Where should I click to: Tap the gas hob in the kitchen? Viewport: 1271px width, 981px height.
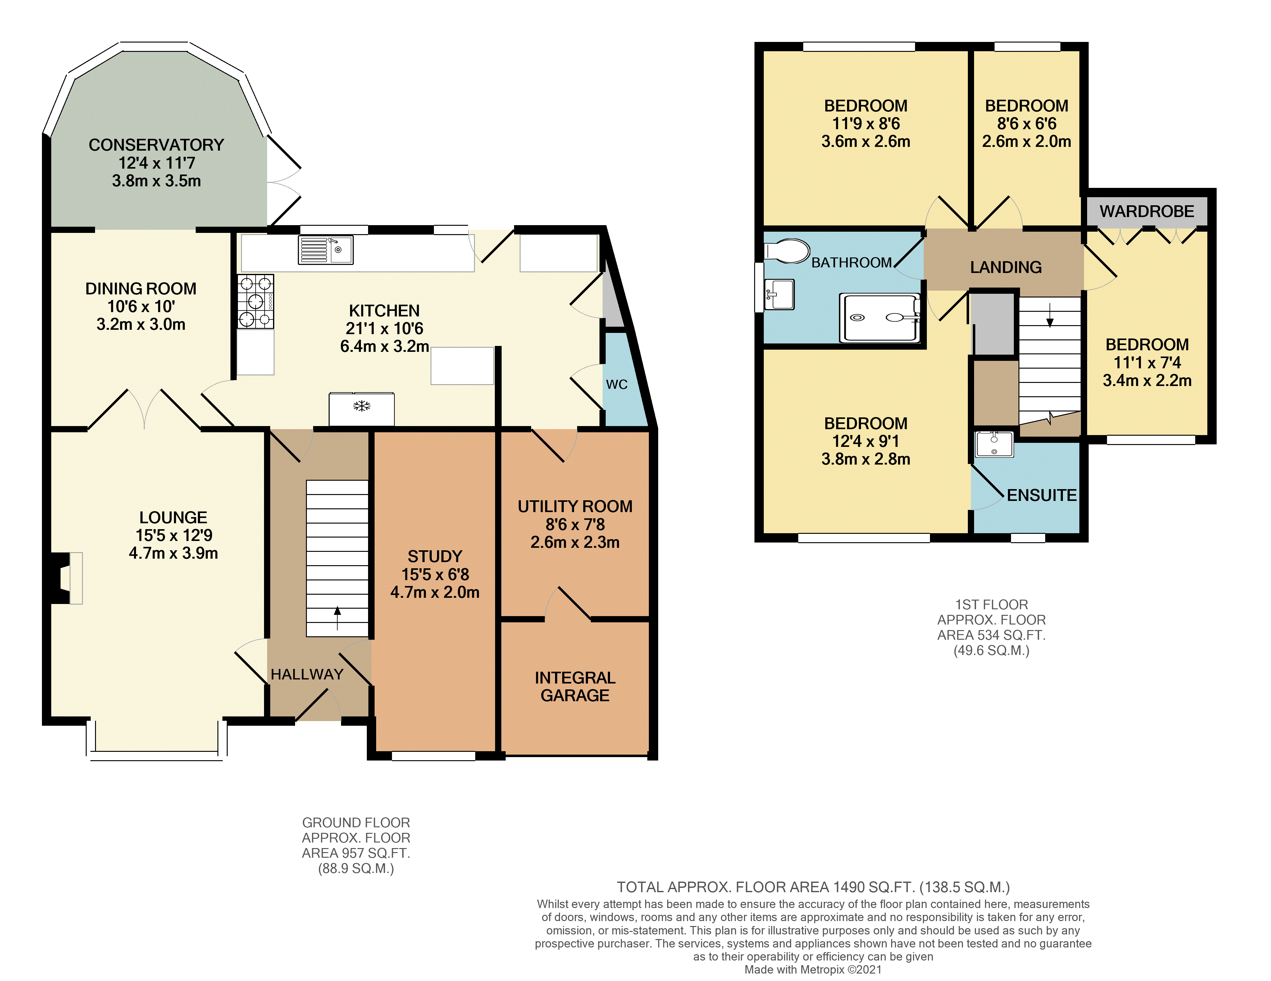coord(256,302)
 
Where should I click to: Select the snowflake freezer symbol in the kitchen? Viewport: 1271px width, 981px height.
coord(362,406)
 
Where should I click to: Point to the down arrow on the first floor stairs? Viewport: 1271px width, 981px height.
coord(1050,315)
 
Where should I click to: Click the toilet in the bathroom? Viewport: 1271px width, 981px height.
coord(786,251)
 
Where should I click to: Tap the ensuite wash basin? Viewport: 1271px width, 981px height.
coord(994,444)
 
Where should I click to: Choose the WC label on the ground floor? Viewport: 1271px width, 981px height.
coord(617,384)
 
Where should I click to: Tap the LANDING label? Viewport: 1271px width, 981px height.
coord(1006,267)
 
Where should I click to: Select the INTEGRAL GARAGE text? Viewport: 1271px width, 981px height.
coord(575,687)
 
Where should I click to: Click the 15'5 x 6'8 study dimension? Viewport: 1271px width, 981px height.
coord(435,574)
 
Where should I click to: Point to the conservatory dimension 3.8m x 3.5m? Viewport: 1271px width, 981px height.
coord(157,181)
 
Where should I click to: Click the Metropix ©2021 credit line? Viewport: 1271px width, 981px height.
coord(813,970)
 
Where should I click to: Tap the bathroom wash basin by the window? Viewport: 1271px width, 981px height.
coord(779,294)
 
